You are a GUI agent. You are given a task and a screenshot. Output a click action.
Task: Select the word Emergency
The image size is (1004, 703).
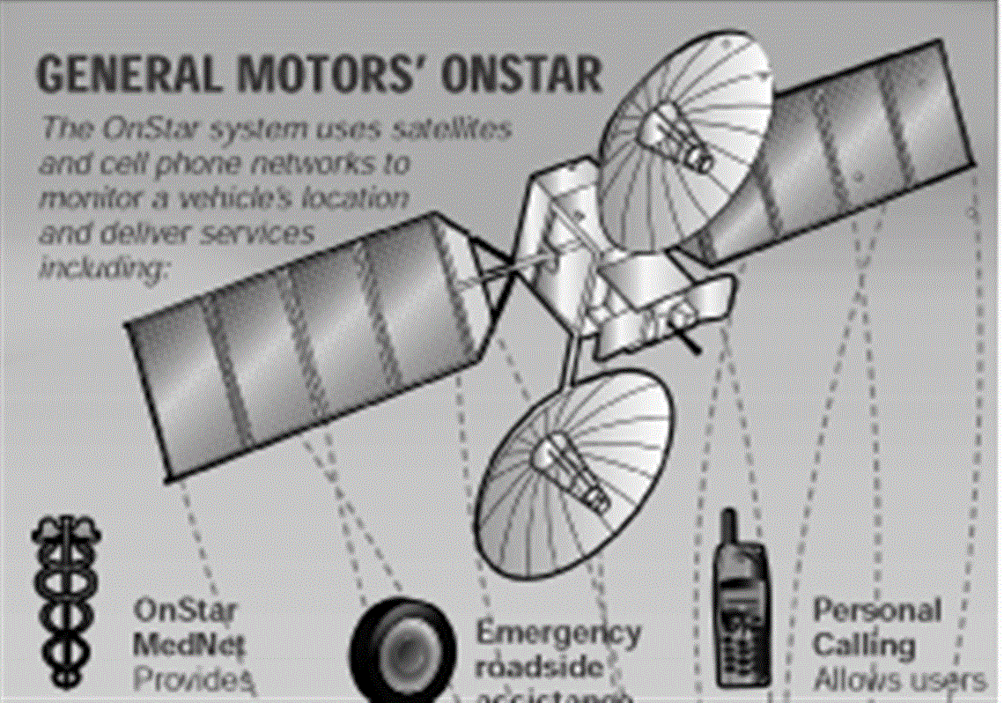558,633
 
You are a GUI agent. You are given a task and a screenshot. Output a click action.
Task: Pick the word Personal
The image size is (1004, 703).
876,610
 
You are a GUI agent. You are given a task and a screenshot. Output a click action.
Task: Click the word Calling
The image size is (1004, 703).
863,645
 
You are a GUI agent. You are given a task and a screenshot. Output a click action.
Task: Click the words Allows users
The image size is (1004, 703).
898,680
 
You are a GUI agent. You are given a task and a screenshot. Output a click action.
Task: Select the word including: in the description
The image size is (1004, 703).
103,268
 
